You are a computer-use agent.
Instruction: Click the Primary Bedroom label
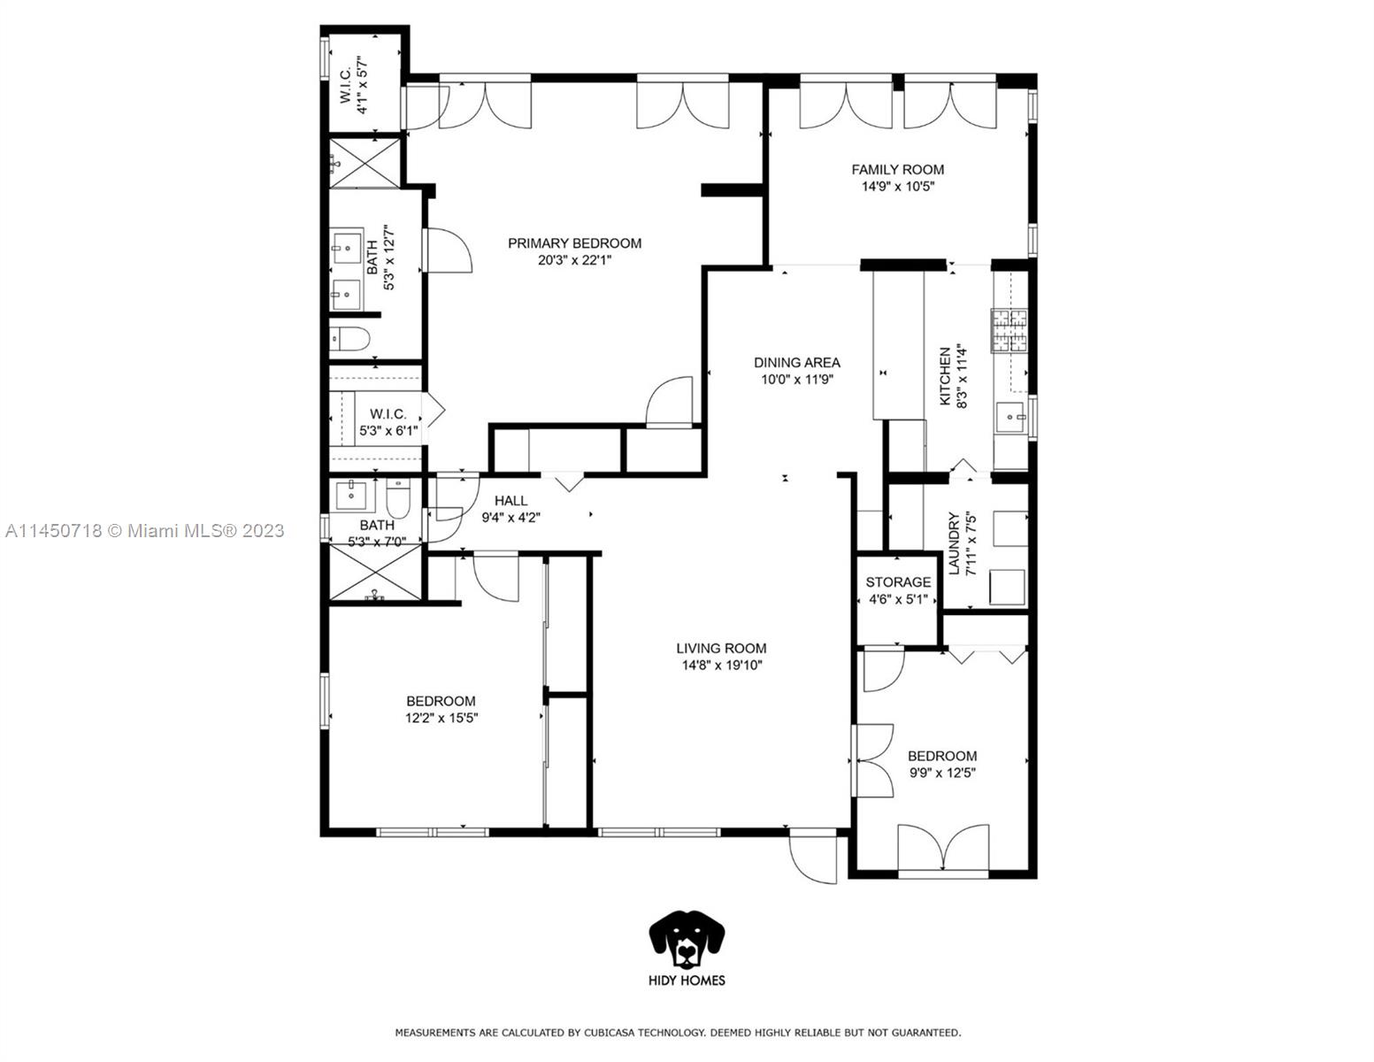574,243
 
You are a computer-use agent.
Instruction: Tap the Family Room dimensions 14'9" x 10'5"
897,187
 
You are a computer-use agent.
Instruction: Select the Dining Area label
796,362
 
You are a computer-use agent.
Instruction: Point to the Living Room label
721,648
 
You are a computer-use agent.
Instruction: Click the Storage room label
897,582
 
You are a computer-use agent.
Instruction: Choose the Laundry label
954,543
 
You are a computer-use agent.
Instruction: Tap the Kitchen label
945,376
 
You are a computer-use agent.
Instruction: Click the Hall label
510,501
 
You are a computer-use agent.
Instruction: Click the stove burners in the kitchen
1009,331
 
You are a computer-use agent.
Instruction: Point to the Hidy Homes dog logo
687,938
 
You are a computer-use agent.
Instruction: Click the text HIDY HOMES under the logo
687,980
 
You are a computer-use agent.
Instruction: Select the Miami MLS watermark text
144,531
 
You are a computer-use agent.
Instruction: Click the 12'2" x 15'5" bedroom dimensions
441,719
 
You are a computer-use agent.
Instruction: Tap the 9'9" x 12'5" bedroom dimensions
941,773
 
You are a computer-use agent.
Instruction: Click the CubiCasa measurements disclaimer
677,1033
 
